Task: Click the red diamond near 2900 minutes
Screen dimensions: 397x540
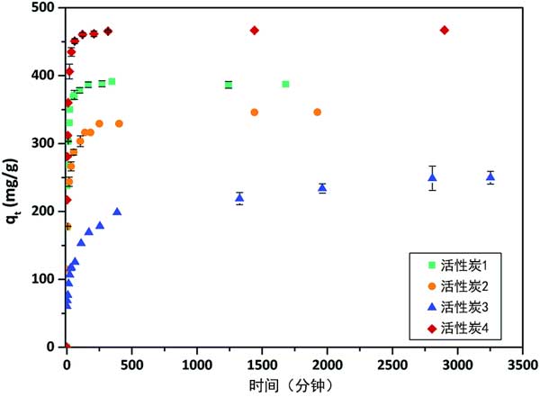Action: coord(444,31)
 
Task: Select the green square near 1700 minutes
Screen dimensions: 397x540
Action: coord(285,84)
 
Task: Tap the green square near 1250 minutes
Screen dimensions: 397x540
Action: coord(229,85)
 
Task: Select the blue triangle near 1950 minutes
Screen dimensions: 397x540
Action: coord(322,188)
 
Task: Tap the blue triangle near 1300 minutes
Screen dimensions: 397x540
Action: coord(239,197)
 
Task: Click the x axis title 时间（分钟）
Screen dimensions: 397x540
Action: coord(293,384)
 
